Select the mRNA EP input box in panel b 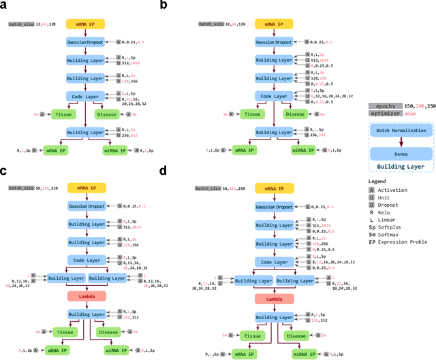(x=273, y=23)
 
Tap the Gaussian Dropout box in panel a (x=84, y=42)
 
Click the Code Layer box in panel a (x=84, y=96)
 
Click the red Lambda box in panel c (x=84, y=296)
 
